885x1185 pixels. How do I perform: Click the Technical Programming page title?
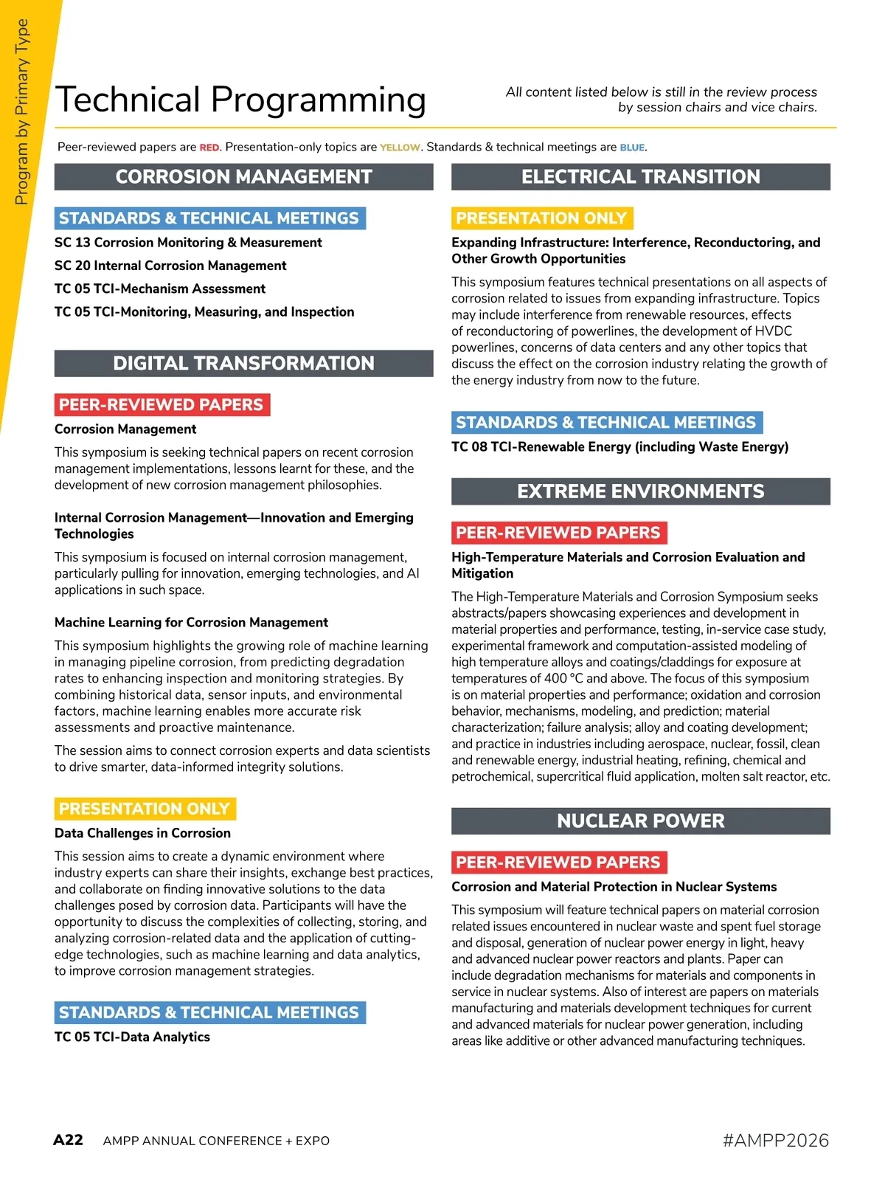[x=240, y=100]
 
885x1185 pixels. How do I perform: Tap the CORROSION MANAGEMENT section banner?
[x=243, y=177]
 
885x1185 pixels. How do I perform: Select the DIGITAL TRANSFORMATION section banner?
[x=243, y=364]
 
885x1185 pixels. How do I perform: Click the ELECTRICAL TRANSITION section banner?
[x=640, y=177]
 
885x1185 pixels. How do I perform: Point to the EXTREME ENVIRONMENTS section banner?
[x=640, y=491]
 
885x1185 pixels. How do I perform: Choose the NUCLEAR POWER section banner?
[x=640, y=821]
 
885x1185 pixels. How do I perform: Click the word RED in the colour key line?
[x=209, y=148]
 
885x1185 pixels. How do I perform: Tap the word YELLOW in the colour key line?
[x=400, y=148]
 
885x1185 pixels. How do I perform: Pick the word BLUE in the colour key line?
[x=632, y=148]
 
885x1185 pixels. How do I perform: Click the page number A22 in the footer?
[x=68, y=1140]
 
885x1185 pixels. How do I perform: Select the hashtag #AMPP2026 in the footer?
[x=776, y=1140]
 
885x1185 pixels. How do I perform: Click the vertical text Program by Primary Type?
[x=21, y=111]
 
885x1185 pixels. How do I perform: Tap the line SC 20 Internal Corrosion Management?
[x=170, y=266]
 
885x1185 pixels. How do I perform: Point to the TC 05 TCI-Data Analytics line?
[x=132, y=1037]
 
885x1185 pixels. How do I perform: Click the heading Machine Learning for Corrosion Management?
[x=191, y=623]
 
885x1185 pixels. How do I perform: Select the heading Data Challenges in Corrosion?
[x=142, y=833]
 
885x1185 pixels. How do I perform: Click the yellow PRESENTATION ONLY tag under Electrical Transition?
[x=541, y=218]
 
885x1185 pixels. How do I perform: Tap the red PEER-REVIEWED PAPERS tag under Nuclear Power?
[x=558, y=863]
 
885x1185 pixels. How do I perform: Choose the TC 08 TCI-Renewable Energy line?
[x=619, y=447]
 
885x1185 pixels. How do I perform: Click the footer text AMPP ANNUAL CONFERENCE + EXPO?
[x=216, y=1141]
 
